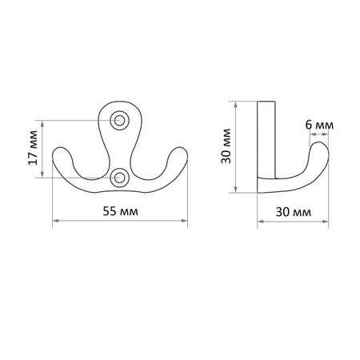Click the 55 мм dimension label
[x=121, y=211]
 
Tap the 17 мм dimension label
[x=33, y=147]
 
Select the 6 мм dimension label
[x=319, y=125]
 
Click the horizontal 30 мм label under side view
[x=294, y=212]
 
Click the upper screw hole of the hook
[x=119, y=120]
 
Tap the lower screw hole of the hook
[x=119, y=178]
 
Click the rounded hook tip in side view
[x=319, y=146]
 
